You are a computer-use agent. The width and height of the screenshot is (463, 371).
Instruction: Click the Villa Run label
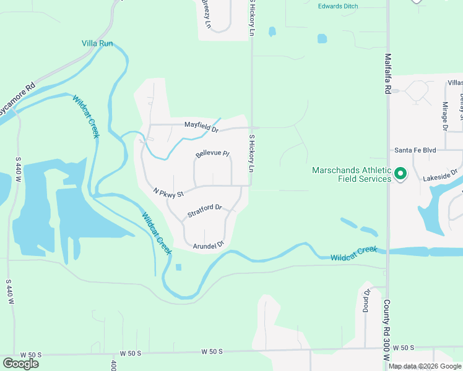(x=97, y=44)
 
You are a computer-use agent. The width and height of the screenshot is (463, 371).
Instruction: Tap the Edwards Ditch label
(x=338, y=6)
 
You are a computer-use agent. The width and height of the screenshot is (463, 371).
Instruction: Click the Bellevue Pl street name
(x=212, y=153)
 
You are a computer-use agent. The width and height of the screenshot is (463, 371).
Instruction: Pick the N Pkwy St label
(x=168, y=193)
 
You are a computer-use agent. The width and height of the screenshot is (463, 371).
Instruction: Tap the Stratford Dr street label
(x=204, y=211)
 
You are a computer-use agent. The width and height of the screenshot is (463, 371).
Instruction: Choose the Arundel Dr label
(x=208, y=245)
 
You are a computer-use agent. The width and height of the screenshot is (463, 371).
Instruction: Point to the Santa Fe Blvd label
(x=416, y=150)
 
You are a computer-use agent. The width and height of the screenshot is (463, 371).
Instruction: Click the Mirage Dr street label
(x=444, y=117)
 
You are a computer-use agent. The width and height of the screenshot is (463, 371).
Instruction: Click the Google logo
(x=20, y=364)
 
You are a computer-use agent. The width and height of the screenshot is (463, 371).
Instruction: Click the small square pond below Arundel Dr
(x=179, y=267)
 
